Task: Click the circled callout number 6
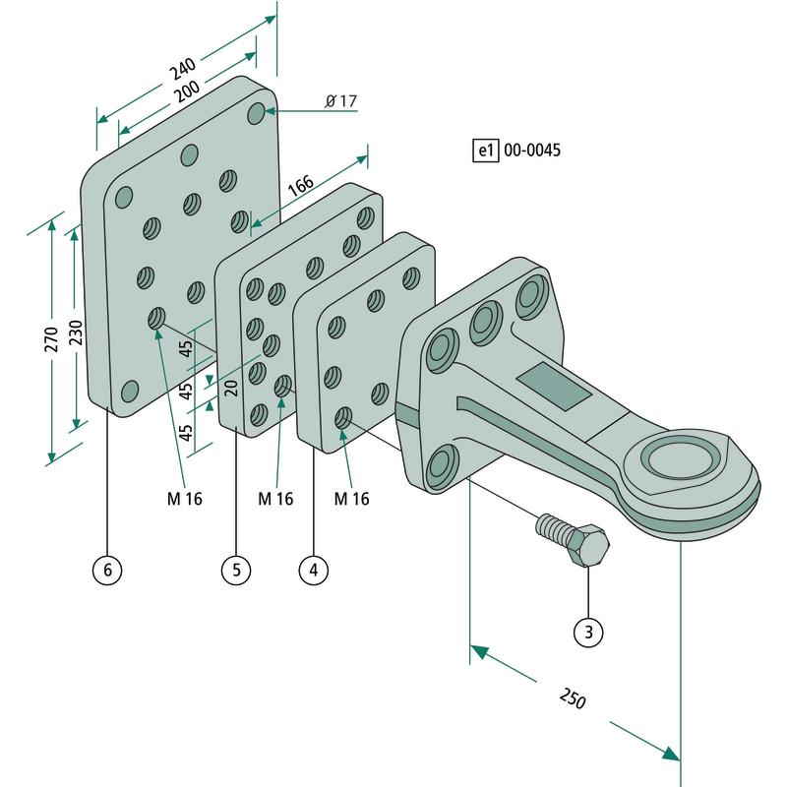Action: [x=107, y=569]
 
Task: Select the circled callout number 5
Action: [x=236, y=569]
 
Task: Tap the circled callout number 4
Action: [x=313, y=569]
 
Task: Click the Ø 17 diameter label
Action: [x=340, y=102]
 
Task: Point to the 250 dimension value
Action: [x=572, y=699]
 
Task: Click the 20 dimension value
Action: [x=231, y=386]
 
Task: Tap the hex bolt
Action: [x=575, y=539]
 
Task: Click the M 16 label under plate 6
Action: [x=184, y=499]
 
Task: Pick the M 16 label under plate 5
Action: [x=276, y=499]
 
